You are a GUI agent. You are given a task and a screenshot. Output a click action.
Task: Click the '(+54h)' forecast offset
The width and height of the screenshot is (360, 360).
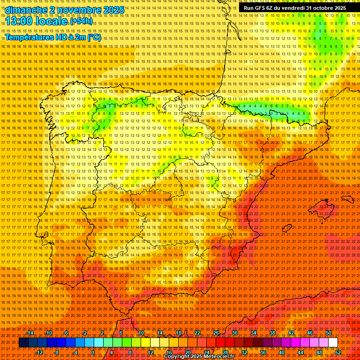point(82,22)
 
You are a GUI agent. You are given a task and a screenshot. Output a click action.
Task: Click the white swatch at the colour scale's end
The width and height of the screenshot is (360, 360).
point(333,343)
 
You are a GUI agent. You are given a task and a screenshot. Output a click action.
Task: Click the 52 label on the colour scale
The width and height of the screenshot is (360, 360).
point(338,352)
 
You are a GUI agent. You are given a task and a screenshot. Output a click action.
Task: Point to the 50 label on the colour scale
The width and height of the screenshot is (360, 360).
point(329,333)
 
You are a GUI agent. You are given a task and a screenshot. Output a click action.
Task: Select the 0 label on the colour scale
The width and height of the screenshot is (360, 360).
point(93,352)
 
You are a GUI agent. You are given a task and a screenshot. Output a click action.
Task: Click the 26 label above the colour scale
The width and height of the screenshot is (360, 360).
point(216,333)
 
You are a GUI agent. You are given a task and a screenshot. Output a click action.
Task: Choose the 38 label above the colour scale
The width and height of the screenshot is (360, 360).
point(272,333)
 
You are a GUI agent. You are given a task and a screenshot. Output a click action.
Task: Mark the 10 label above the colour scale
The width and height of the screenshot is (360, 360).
point(141,333)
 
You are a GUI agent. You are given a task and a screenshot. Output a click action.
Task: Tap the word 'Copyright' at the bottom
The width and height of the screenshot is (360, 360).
point(178,357)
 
